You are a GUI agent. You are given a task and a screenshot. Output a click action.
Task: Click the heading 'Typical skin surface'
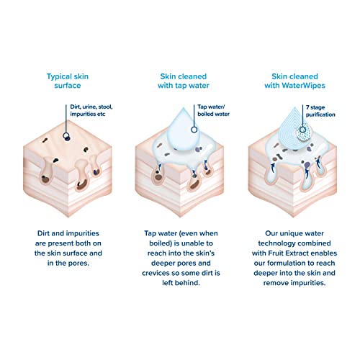pos(68,81)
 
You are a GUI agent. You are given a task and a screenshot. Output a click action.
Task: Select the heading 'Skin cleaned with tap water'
pos(184,81)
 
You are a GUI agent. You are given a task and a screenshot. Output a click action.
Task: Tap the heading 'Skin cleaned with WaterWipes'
pos(294,81)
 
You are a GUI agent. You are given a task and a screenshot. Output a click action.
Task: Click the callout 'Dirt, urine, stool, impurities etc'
pos(91,110)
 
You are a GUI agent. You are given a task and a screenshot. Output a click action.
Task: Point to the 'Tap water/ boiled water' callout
pos(213,110)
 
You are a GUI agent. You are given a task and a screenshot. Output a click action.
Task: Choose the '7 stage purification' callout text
pos(320,111)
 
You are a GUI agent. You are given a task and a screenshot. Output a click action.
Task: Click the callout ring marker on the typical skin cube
pos(66,136)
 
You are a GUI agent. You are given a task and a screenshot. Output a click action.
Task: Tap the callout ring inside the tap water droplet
pos(194,130)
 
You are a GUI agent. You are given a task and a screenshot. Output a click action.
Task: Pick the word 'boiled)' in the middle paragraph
pos(161,243)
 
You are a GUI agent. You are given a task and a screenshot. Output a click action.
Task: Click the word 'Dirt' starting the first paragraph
pos(43,233)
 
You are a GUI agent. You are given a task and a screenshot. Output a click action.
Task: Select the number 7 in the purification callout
pos(307,107)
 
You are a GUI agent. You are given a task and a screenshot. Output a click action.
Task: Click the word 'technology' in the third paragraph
pos(276,243)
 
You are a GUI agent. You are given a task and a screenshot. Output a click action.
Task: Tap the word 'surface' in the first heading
pos(68,86)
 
